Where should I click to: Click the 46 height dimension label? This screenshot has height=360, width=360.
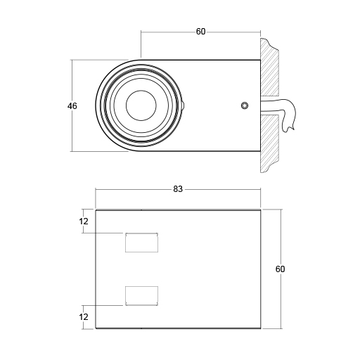tap(72, 106)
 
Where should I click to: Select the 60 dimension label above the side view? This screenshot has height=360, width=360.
tap(200, 32)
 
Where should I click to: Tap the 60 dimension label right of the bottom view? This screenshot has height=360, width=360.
tap(281, 269)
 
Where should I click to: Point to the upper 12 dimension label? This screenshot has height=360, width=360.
tap(84, 222)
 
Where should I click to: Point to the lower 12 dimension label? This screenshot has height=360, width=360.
tap(84, 317)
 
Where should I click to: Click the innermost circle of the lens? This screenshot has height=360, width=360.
tap(141, 106)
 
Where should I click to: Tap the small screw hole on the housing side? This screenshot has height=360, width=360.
tap(244, 105)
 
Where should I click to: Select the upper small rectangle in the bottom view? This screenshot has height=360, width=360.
tap(141, 242)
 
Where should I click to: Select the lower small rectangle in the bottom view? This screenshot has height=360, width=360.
tap(141, 295)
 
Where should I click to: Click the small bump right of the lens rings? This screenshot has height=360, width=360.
tap(184, 106)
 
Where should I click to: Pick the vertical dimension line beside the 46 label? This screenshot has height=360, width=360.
tap(72, 134)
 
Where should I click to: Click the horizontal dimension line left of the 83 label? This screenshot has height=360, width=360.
tap(134, 190)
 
